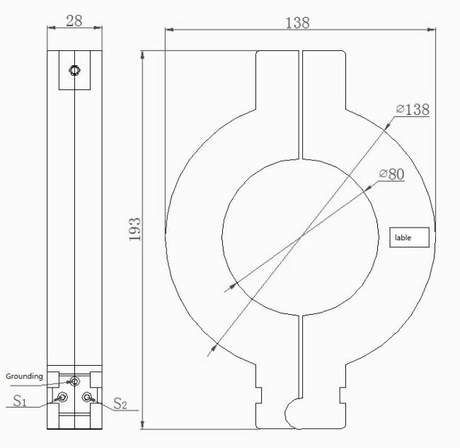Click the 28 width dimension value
point(74,21)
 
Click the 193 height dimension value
point(134,230)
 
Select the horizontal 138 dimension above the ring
point(297,23)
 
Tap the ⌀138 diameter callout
point(413,109)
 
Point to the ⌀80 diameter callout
point(391,174)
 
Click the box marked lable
point(409,237)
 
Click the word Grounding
point(24,376)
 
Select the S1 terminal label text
point(20,401)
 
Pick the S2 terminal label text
point(120,403)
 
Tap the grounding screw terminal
point(75,381)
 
